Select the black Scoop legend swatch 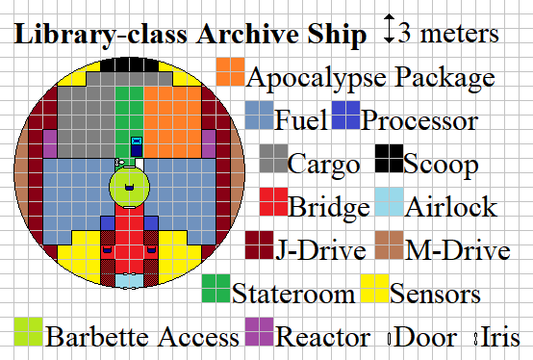point(389,160)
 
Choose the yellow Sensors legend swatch point(374,290)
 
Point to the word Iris point(501,338)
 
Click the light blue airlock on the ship point(129,280)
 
